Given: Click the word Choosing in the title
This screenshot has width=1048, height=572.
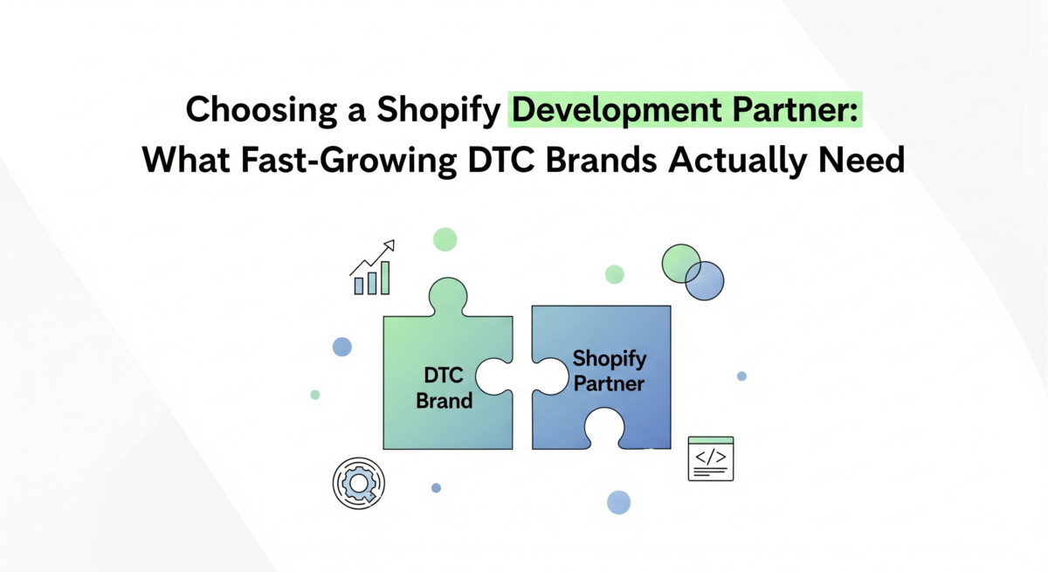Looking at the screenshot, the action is (261, 111).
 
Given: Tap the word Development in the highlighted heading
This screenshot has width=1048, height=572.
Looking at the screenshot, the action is (617, 111).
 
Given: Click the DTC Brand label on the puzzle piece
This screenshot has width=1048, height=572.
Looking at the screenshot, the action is (444, 389).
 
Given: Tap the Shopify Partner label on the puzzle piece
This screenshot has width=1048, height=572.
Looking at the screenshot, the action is (610, 371).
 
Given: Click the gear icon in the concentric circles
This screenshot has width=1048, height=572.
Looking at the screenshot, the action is (359, 484).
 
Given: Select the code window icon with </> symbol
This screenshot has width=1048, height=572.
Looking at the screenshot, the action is (711, 458).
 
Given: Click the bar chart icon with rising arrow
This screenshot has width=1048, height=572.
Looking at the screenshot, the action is (372, 267).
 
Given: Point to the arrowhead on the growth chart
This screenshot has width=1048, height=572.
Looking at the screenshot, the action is (390, 245).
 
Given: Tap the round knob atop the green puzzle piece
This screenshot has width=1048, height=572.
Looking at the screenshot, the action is (448, 295).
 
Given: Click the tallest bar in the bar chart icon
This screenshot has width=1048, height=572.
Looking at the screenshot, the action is (385, 278).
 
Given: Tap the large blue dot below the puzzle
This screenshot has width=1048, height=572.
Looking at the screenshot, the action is (618, 502).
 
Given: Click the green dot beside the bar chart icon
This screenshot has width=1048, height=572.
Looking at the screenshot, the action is (445, 239).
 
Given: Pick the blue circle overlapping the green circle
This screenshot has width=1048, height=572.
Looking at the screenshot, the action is (705, 280).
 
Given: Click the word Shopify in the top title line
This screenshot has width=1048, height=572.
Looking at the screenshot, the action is (438, 111).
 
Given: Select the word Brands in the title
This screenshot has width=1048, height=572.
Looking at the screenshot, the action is (601, 160).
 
